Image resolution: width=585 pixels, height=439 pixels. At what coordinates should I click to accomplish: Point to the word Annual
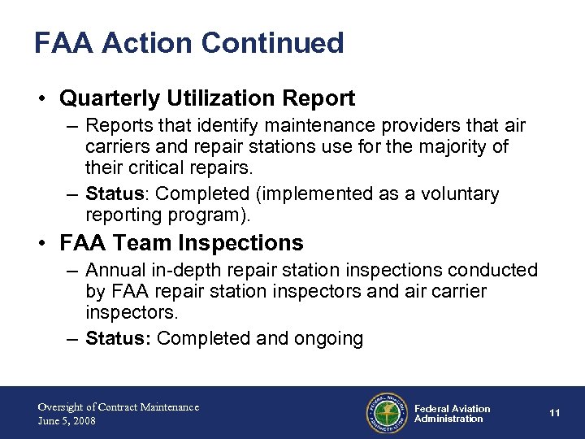point(115,271)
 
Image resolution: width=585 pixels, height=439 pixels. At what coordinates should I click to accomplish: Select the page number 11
point(555,413)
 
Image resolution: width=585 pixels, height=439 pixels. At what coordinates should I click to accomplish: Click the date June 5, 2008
point(67,420)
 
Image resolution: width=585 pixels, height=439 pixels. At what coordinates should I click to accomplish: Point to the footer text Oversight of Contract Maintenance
point(118,406)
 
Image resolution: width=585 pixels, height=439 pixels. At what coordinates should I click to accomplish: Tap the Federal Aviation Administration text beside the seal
point(452,414)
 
